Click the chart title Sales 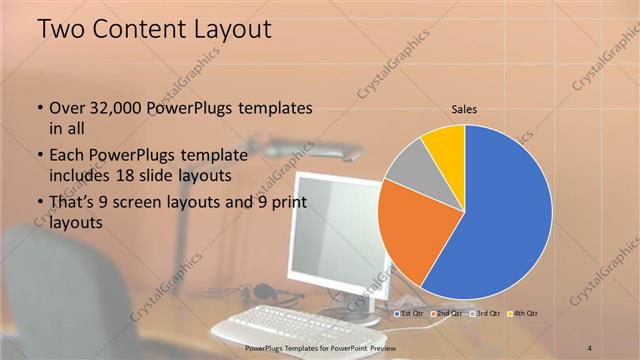[464, 108]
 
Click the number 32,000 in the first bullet [115, 108]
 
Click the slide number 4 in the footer [590, 346]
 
